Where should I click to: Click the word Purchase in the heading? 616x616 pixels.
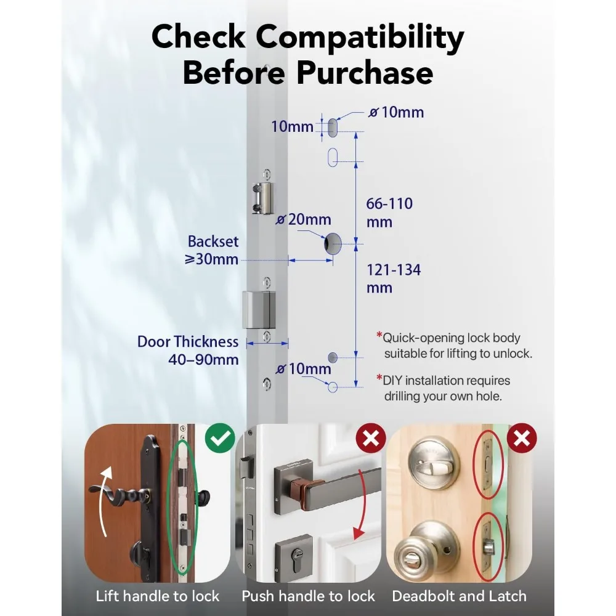365,74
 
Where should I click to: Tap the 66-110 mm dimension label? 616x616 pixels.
389,213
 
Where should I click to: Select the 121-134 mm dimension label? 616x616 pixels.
394,278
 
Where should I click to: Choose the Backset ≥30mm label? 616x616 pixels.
213,250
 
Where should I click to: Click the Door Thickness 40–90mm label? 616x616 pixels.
188,350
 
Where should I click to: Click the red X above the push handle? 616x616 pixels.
371,439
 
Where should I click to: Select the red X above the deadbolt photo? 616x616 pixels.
522,439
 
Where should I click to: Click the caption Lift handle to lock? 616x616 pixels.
158,596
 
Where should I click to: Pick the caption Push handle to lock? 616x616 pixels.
308,596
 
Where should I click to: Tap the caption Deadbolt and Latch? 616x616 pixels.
459,596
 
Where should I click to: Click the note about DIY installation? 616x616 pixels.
443,388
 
